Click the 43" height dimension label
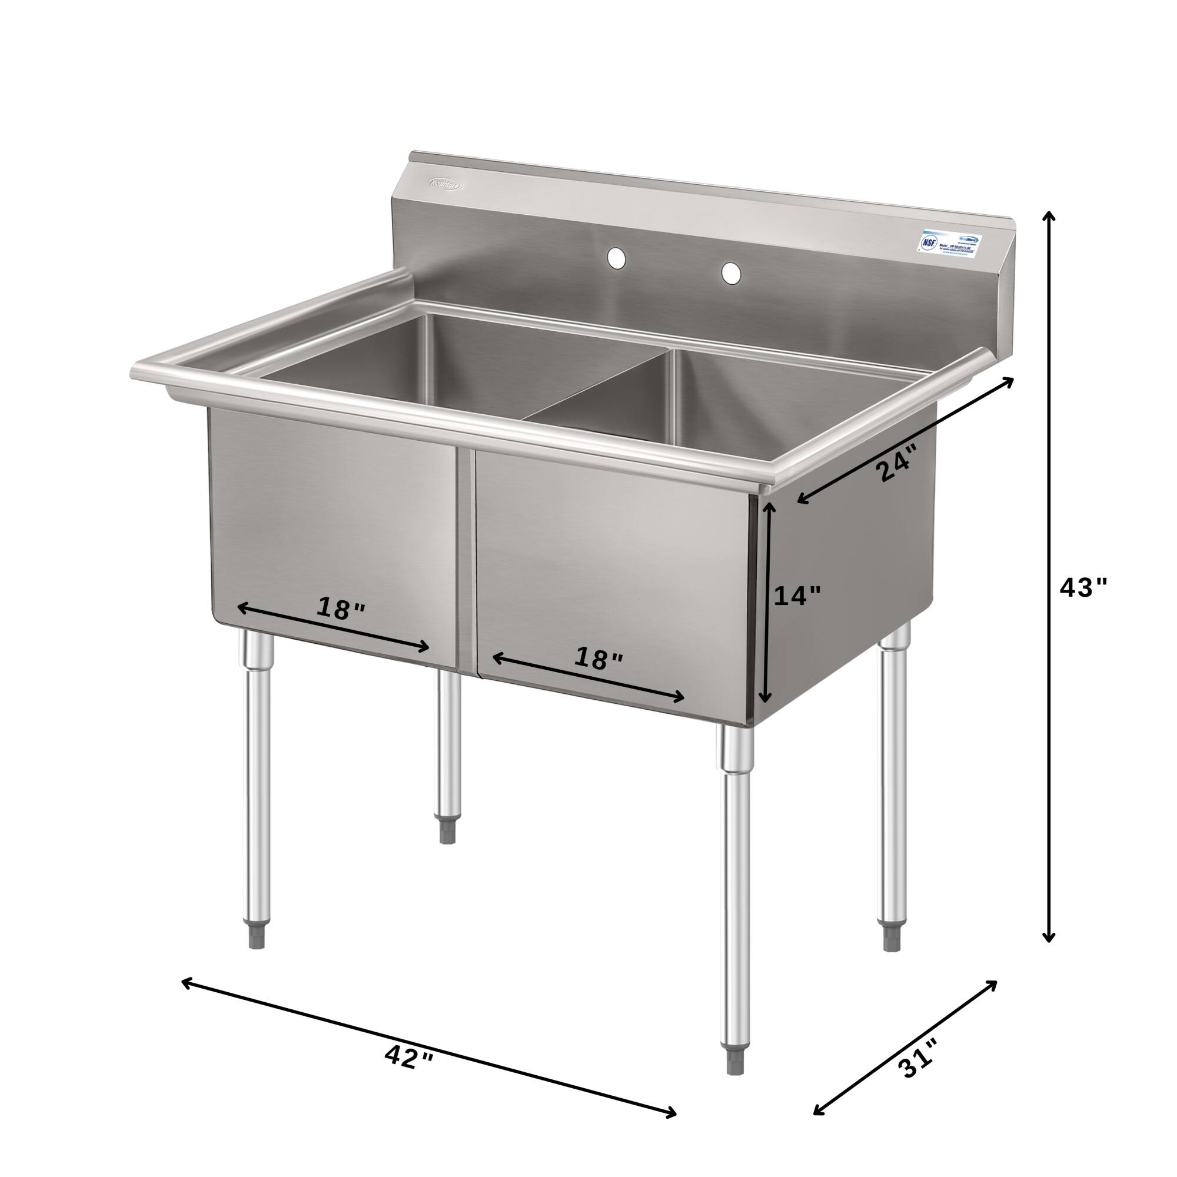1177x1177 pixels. pos(1083,588)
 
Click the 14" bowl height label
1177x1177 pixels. pos(797,595)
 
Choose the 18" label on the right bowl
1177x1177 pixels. pos(599,659)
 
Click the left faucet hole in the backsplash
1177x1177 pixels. pos(617,258)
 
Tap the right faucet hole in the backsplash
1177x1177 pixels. pos(731,273)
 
